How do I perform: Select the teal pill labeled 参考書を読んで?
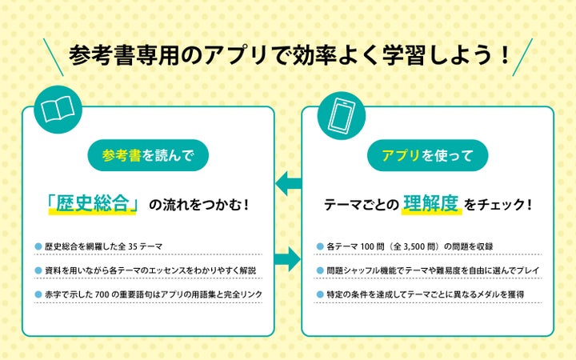[148, 154]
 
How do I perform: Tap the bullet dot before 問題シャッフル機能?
[320, 270]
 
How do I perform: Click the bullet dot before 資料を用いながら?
[38, 270]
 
